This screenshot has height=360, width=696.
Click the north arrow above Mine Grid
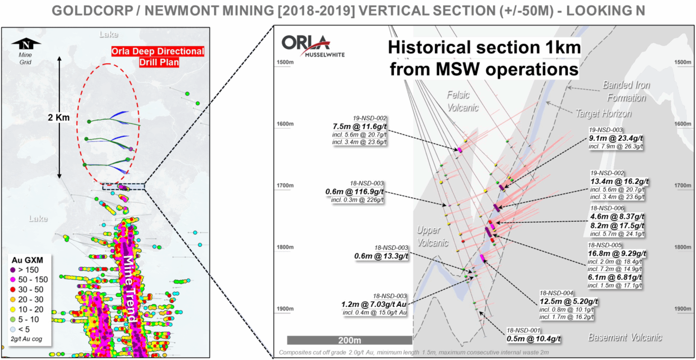[x=26, y=44]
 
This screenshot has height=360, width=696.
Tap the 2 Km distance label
[x=59, y=117]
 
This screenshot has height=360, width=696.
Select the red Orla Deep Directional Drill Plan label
[x=158, y=57]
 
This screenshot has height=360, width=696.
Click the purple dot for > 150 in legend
[x=13, y=270]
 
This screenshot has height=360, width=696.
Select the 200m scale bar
[x=349, y=340]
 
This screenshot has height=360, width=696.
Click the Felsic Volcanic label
[x=462, y=101]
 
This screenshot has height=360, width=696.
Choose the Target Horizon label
[x=604, y=113]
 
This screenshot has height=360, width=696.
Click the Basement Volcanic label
[x=625, y=337]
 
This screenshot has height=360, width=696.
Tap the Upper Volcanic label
[x=432, y=236]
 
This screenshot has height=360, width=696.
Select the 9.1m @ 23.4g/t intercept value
[x=616, y=138]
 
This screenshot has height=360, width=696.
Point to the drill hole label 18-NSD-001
[x=523, y=331]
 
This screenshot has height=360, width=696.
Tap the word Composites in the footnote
[x=295, y=352]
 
